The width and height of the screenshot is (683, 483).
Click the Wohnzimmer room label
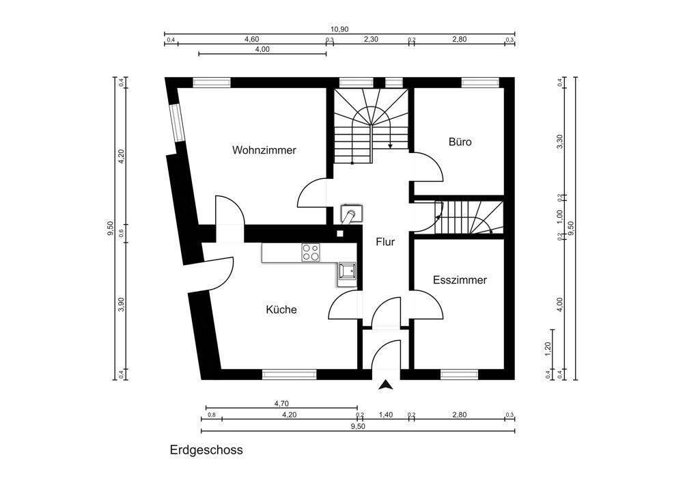264,150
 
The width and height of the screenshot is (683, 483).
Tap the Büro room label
460,143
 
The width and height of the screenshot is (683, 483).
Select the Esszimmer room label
460,280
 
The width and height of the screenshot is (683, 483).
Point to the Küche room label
281,309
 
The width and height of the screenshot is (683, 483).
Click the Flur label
385,241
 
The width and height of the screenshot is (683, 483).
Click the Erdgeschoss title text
206,451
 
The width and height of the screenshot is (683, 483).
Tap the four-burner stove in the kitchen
311,252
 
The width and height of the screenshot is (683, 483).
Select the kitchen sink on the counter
346,271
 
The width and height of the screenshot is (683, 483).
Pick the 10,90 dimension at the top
339,29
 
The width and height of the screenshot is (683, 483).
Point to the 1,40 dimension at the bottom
385,415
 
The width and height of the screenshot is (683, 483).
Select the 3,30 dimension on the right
560,142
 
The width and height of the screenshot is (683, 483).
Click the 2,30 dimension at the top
370,40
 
